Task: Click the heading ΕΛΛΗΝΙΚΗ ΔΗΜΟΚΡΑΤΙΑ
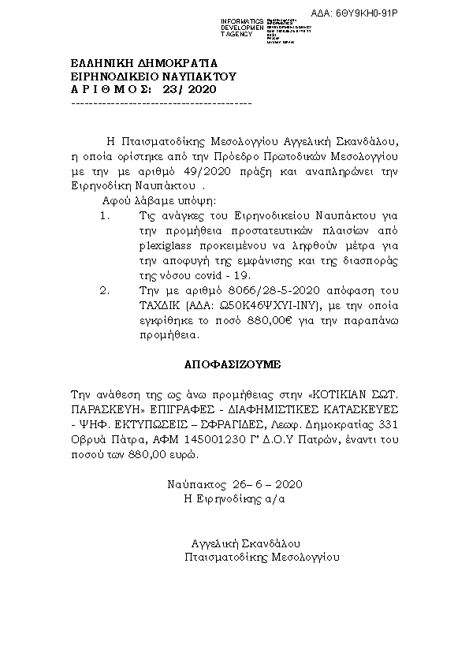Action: coord(143,63)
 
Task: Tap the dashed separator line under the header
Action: coord(161,103)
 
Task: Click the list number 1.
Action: coord(106,215)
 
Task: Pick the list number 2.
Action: coord(106,291)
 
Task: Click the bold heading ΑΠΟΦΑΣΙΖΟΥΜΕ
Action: coord(233,366)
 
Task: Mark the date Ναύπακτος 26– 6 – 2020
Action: coord(235,483)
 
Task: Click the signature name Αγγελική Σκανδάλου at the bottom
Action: coord(246,543)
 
